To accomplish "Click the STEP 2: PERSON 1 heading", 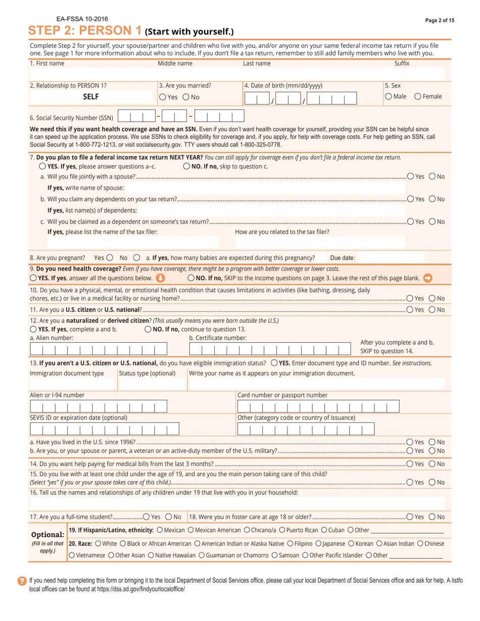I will (x=85, y=31).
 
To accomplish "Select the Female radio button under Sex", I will (x=418, y=96).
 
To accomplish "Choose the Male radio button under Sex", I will (x=388, y=96).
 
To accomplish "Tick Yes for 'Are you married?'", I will (x=162, y=97).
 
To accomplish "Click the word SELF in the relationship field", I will (x=91, y=96).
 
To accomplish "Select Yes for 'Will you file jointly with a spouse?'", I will (x=410, y=176).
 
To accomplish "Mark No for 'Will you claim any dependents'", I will (x=432, y=199).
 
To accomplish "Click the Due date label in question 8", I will (x=342, y=258).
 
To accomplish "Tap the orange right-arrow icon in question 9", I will (x=427, y=278).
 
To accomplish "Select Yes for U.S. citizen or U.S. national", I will (x=410, y=309).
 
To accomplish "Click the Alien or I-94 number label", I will (x=57, y=395).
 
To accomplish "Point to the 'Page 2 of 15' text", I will (x=440, y=20).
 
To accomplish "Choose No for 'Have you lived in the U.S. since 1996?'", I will (x=432, y=442).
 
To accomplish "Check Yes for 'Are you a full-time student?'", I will (x=146, y=516).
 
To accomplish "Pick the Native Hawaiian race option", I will (x=151, y=555).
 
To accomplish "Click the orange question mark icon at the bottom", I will (x=22, y=581).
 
